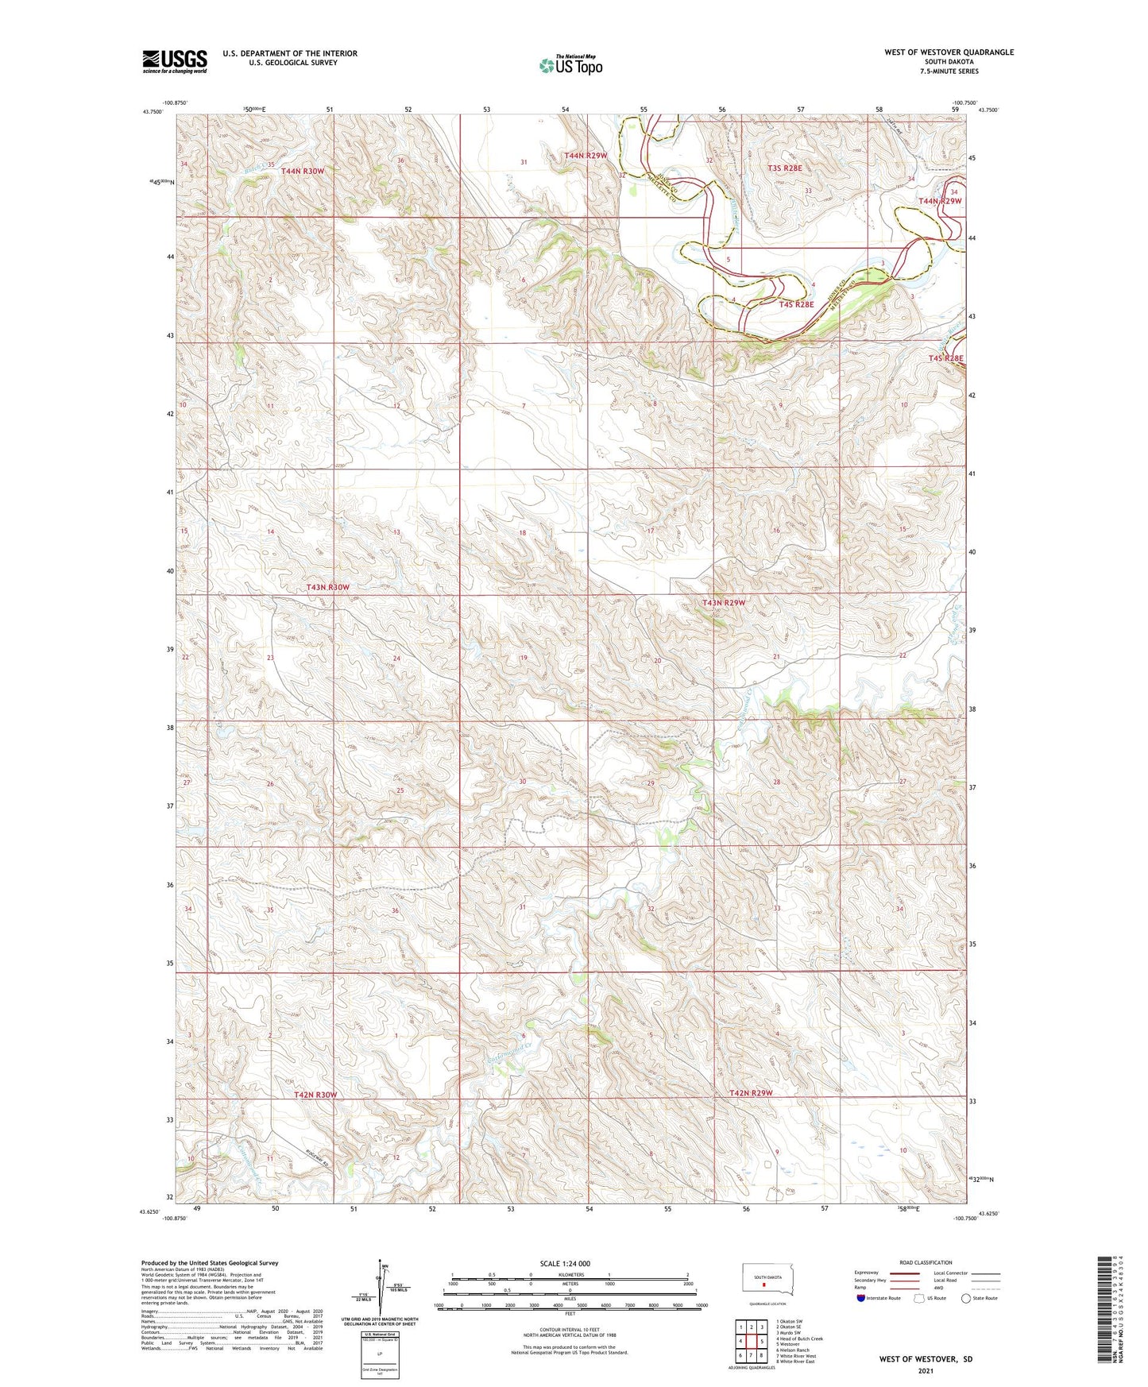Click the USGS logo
coord(175,61)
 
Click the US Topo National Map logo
coord(570,64)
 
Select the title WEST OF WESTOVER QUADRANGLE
coord(949,52)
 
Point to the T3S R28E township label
coord(785,168)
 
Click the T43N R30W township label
coord(327,587)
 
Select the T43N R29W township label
coord(724,603)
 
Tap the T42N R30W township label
coord(315,1095)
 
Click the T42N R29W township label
coord(751,1093)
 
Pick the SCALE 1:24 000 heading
coord(565,1263)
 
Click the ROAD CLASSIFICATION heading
coord(926,1262)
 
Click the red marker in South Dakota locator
coord(764,1283)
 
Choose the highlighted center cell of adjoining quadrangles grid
coord(752,1340)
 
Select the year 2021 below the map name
coord(926,1370)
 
